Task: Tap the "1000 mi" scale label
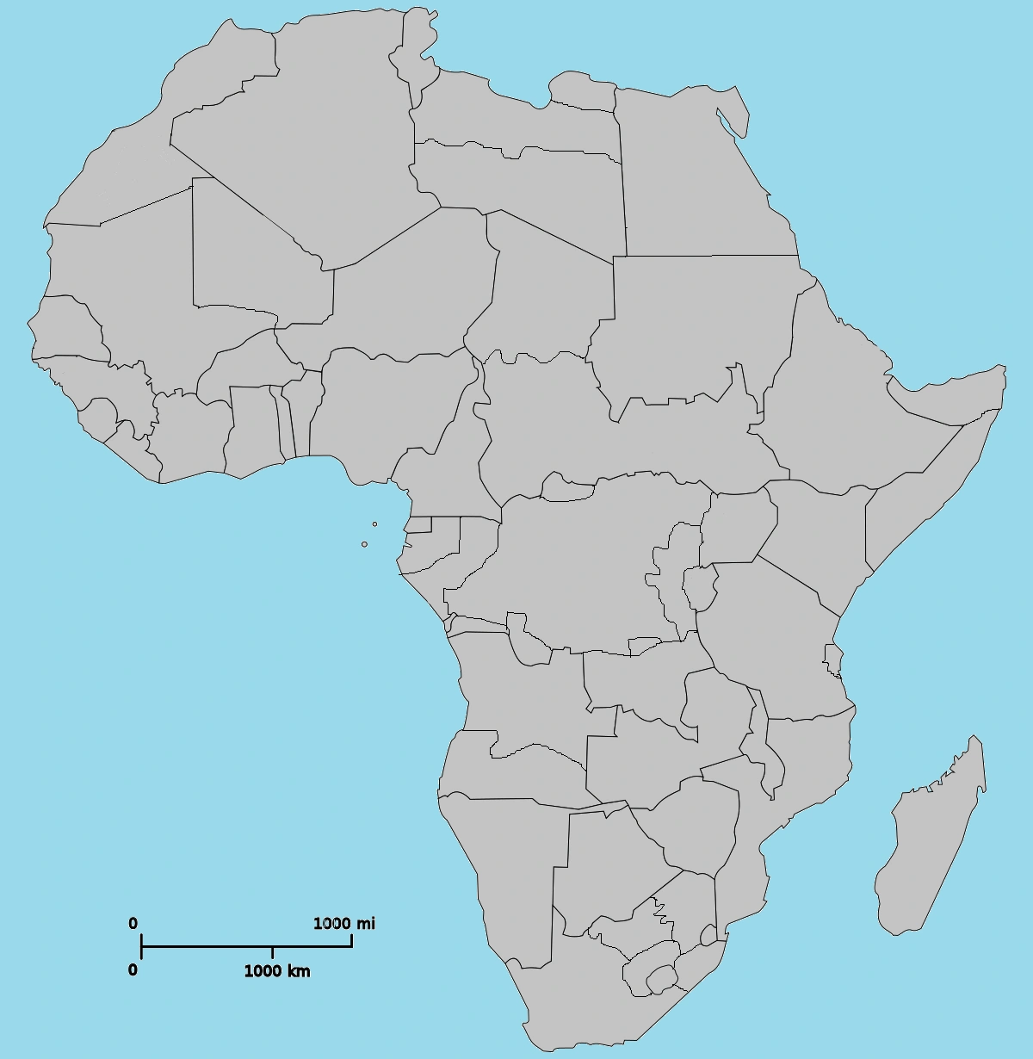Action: coord(343,924)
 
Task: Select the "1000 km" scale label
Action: coord(276,971)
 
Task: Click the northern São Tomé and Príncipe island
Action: coord(374,523)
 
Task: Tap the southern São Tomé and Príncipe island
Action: coord(364,544)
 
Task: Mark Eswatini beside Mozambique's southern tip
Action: coord(708,935)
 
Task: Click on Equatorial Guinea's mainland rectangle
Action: coord(419,524)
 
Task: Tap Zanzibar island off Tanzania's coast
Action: coord(832,660)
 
